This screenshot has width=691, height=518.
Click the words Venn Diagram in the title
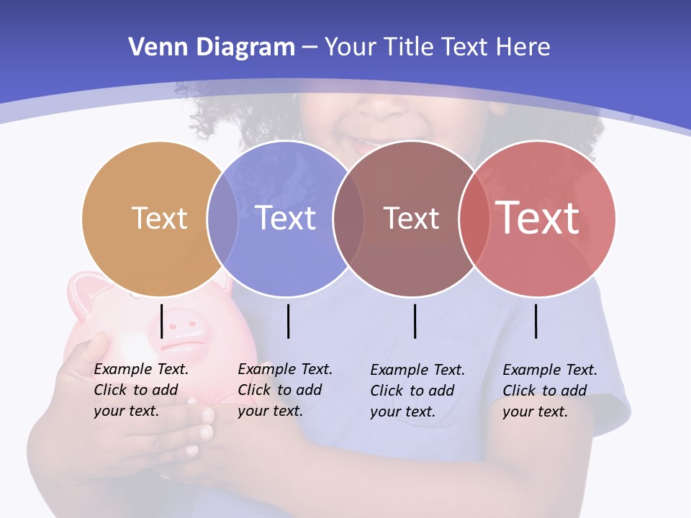click(212, 47)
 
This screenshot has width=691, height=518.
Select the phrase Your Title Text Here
click(437, 47)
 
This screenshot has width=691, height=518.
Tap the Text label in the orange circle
click(159, 218)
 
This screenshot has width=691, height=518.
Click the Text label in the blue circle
click(286, 218)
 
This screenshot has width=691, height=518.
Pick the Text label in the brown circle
click(411, 218)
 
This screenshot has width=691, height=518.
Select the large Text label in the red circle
click(538, 217)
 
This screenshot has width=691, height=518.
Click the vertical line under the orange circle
click(162, 321)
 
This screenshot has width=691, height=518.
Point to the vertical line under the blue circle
click(288, 321)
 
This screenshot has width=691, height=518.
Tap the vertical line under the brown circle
click(415, 321)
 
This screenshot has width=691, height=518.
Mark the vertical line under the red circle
click(536, 321)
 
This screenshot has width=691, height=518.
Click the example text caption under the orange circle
click(141, 390)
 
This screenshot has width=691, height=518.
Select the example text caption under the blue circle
click(285, 390)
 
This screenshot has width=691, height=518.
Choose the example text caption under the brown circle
click(417, 391)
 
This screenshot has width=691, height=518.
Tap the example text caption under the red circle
click(550, 391)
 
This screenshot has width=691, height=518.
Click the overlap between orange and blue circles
click(222, 219)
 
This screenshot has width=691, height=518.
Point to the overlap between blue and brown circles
click(348, 219)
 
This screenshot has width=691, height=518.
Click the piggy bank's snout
click(189, 325)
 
